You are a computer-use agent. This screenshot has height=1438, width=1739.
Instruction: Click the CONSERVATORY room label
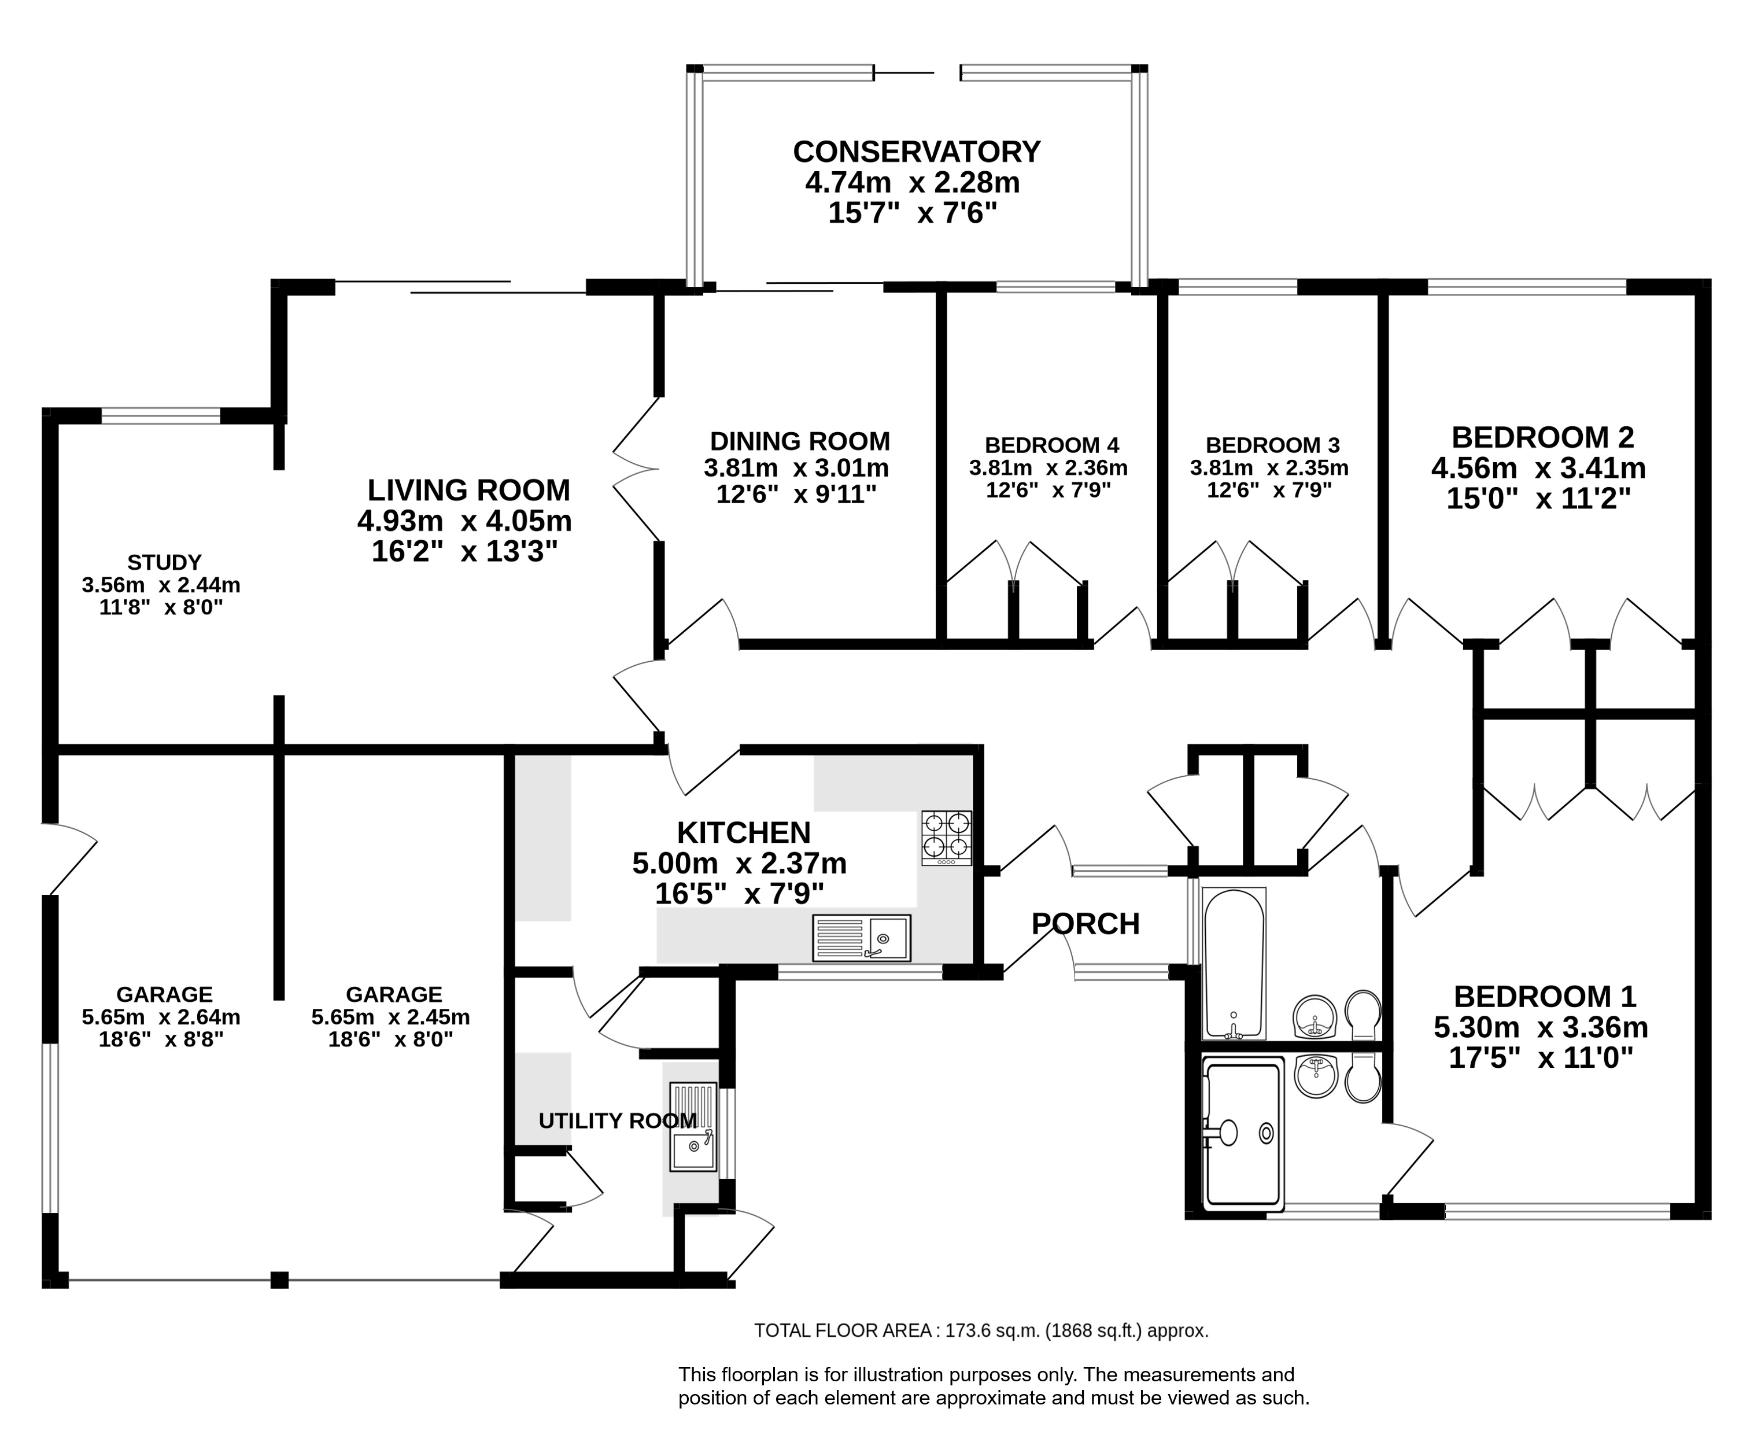tap(917, 152)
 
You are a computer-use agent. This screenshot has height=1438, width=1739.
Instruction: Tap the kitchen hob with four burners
tap(947, 838)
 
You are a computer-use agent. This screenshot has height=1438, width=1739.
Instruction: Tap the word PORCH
tap(1086, 924)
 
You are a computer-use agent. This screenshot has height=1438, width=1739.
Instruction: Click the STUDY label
tap(164, 563)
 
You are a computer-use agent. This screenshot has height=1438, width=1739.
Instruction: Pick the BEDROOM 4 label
tap(1052, 445)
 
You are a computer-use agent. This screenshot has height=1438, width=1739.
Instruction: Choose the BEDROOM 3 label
tap(1273, 445)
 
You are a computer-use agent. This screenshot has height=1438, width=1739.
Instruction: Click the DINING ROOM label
tap(800, 441)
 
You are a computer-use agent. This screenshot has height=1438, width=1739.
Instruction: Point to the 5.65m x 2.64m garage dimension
tap(161, 1016)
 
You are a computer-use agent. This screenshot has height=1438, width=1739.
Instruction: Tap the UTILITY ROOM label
tap(618, 1121)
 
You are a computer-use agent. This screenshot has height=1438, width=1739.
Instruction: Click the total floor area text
tap(981, 1331)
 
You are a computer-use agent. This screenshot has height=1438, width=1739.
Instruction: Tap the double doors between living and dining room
tap(636, 469)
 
